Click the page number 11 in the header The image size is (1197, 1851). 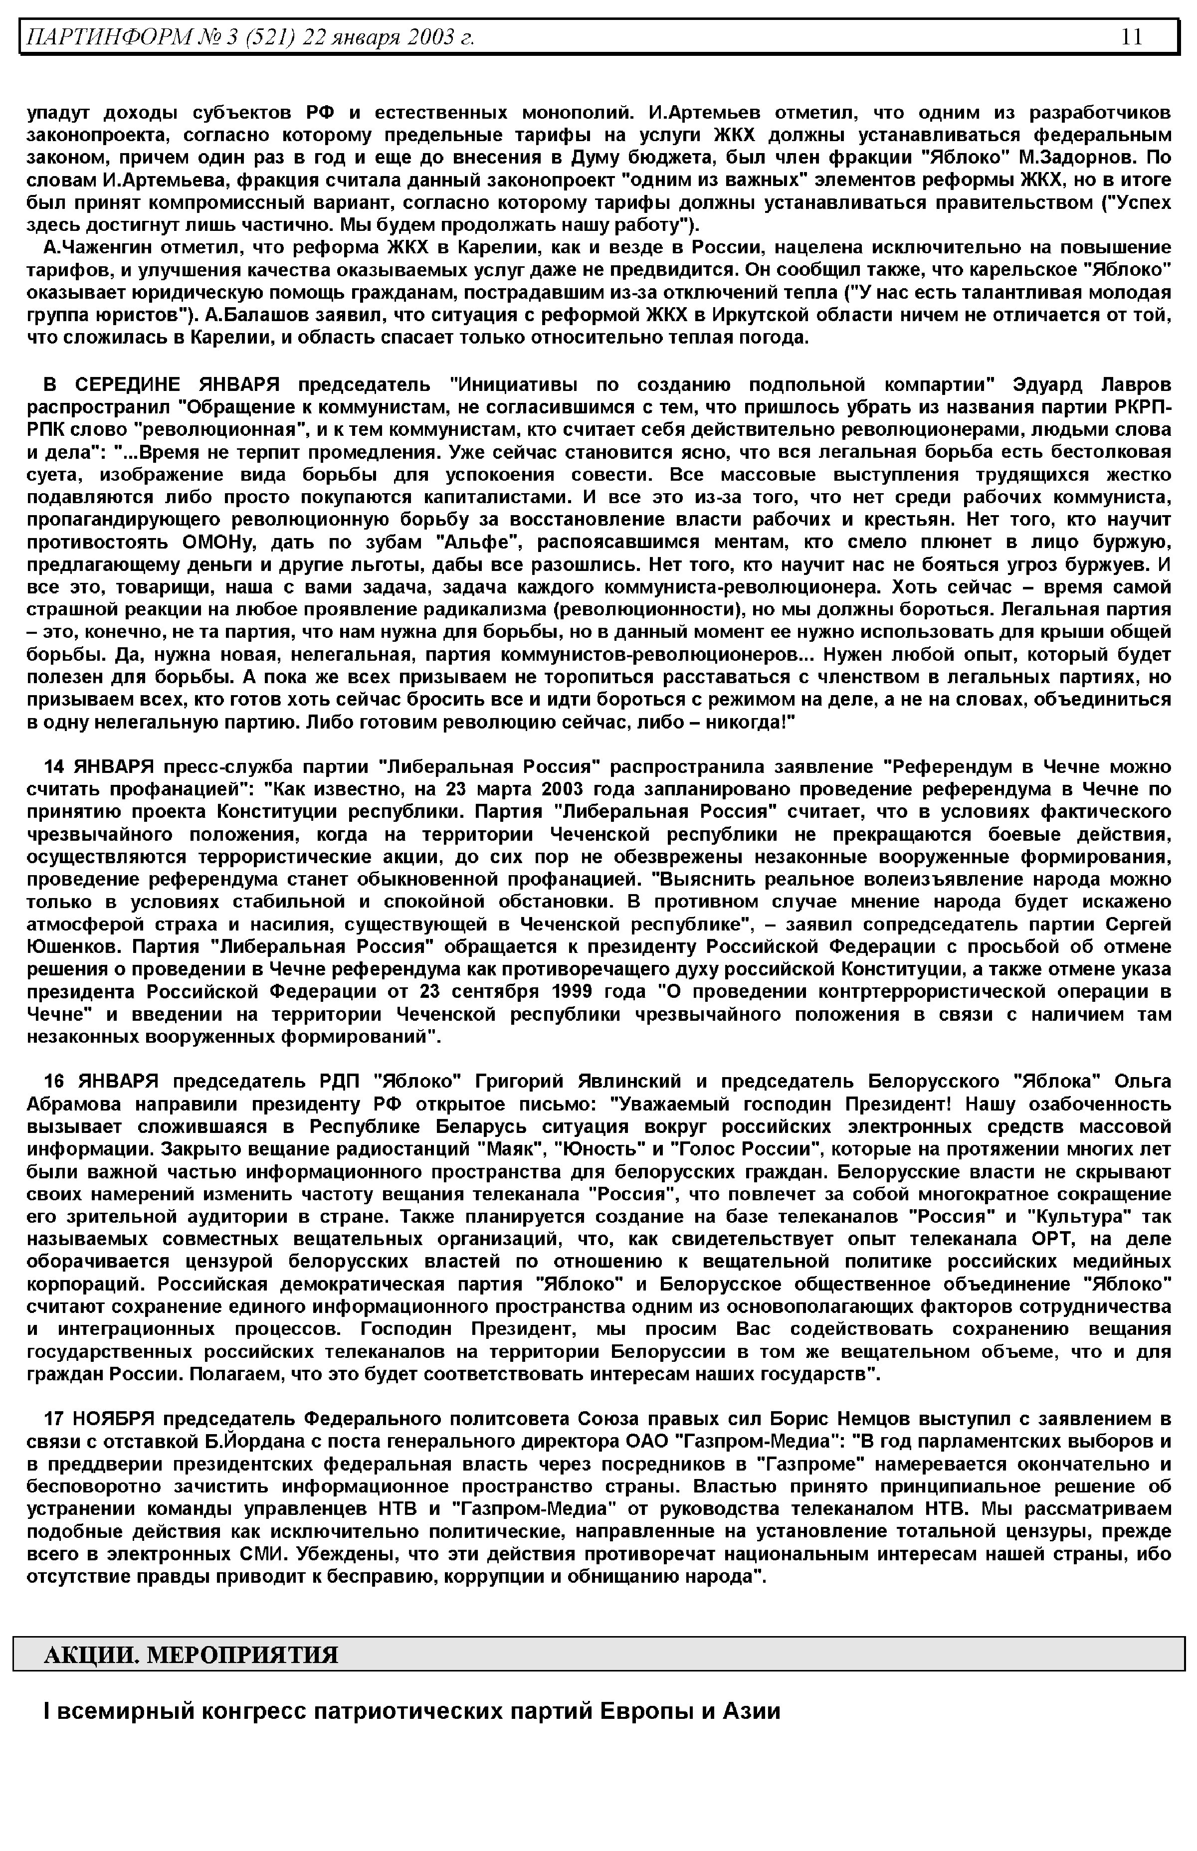tap(1131, 36)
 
